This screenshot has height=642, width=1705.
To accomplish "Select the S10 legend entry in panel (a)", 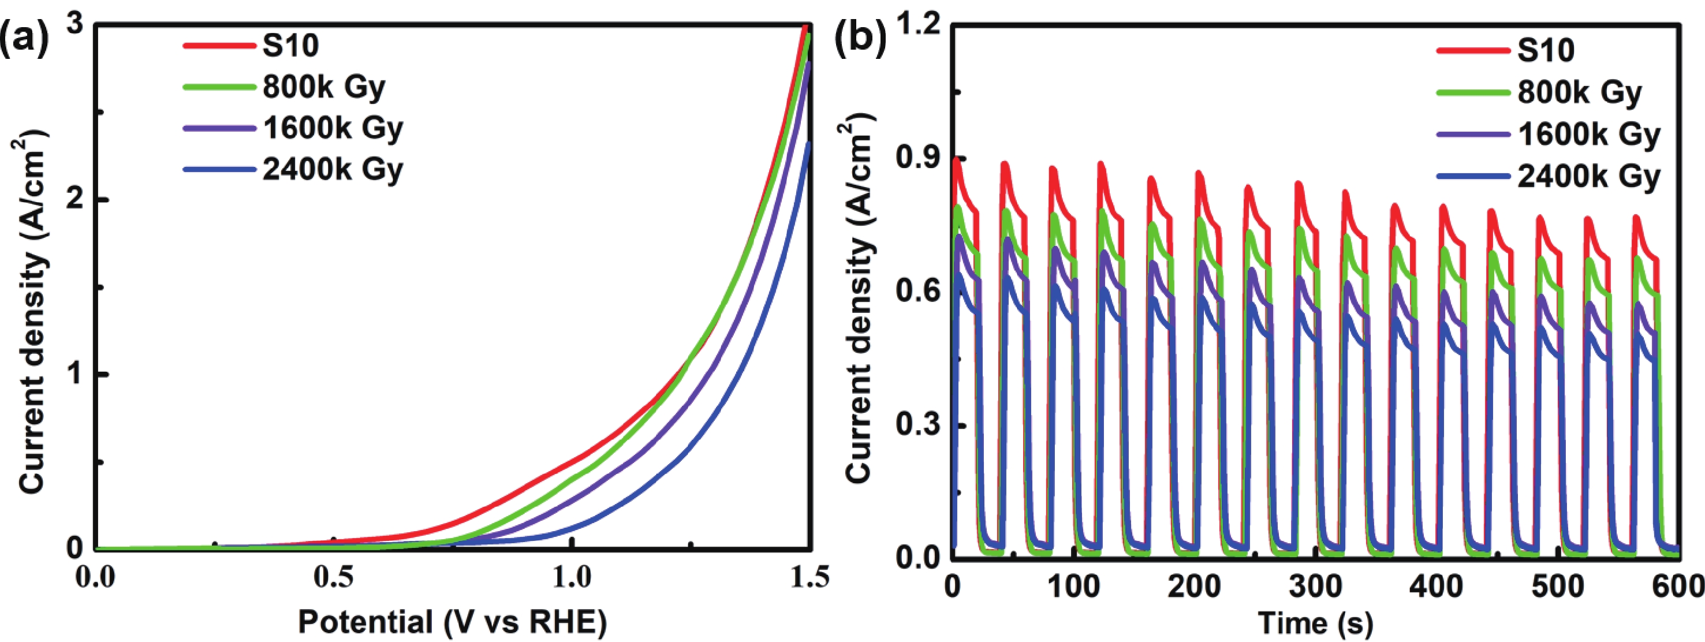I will pyautogui.click(x=290, y=46).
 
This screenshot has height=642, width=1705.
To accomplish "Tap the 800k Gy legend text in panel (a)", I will pyautogui.click(x=324, y=87).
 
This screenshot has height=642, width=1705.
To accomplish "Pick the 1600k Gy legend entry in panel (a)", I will pyautogui.click(x=332, y=128).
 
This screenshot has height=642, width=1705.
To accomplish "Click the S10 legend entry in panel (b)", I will pyautogui.click(x=1546, y=50).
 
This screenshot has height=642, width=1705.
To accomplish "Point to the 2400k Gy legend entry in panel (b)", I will pyautogui.click(x=1588, y=176).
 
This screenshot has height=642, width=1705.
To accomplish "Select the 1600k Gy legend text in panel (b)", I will pyautogui.click(x=1588, y=135).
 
